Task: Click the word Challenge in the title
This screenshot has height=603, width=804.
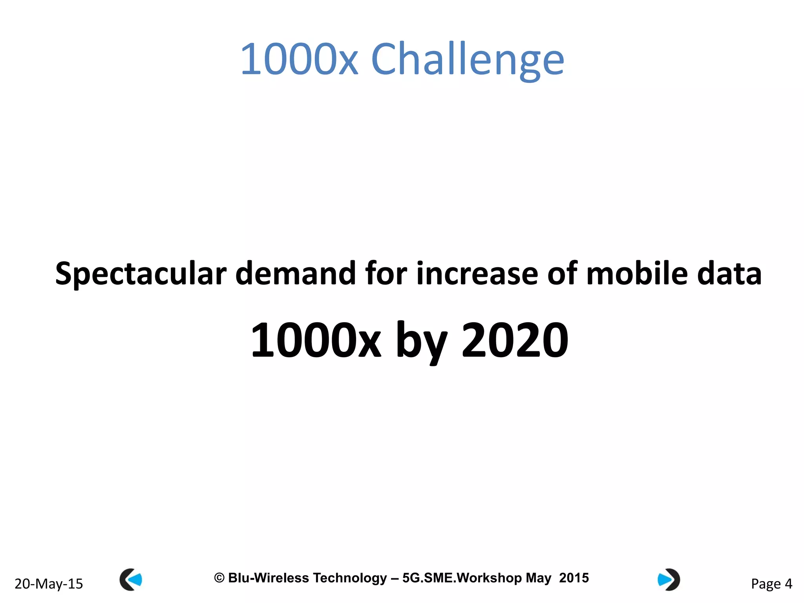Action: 467,60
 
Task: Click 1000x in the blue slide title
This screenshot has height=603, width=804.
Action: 299,60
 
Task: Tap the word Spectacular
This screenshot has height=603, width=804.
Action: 141,274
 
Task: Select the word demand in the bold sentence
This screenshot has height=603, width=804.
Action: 295,274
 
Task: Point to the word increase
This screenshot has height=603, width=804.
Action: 477,274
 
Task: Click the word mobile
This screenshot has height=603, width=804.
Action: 637,274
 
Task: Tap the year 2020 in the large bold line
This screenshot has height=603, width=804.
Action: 515,340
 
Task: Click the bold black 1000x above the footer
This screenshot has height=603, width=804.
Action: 316,340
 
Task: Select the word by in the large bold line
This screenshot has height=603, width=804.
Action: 421,340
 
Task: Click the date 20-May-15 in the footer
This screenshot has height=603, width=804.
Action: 49,584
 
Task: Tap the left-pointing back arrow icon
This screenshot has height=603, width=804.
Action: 131,579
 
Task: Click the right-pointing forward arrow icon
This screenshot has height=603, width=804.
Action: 669,579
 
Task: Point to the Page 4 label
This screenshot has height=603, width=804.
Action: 771,584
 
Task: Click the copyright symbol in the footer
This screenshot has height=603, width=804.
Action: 219,578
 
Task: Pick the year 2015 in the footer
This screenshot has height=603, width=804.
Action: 574,578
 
